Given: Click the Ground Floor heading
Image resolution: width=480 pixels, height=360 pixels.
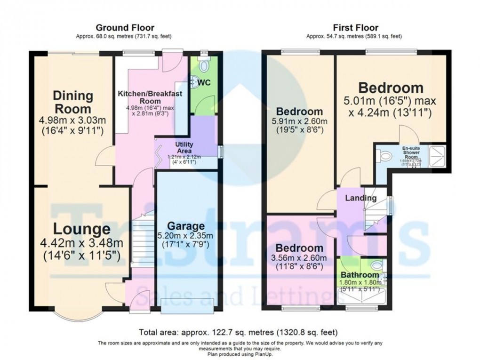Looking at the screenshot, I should [125, 28].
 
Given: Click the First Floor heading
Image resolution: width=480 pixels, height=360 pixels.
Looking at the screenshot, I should [355, 28].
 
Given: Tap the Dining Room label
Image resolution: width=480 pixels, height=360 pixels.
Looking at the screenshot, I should [72, 102].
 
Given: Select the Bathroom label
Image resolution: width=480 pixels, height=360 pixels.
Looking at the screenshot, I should [360, 275].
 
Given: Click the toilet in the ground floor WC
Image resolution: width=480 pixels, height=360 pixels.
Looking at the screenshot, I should [204, 66].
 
